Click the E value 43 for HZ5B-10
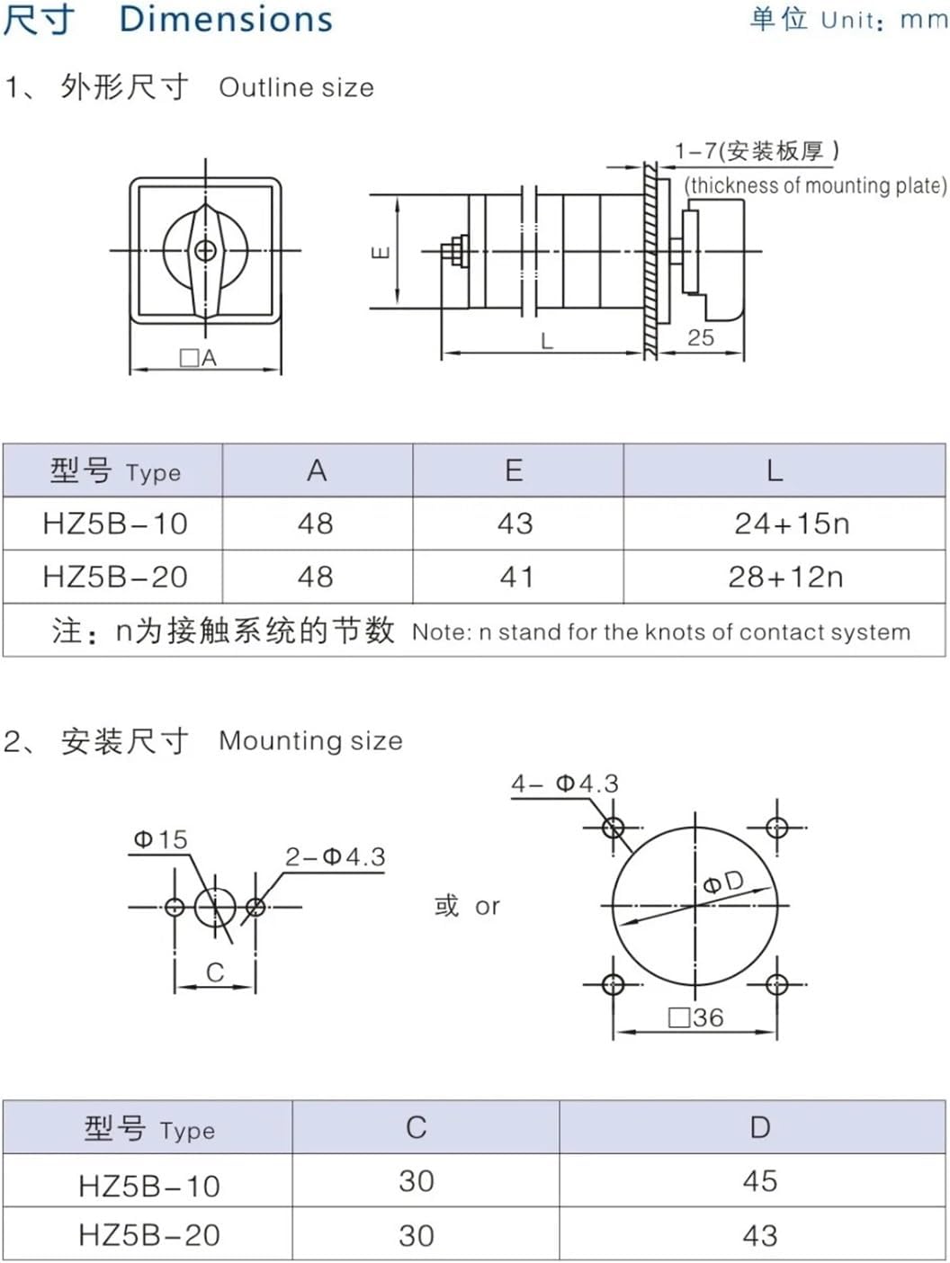(x=515, y=524)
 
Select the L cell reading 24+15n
(x=792, y=524)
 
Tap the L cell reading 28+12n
(x=785, y=577)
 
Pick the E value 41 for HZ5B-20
(x=516, y=577)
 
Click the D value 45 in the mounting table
(x=759, y=1181)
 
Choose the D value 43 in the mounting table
(x=759, y=1235)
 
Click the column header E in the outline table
(x=514, y=470)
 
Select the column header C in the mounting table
(x=416, y=1128)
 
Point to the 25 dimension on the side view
(x=700, y=337)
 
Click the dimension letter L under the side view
(x=546, y=341)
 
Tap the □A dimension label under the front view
(x=199, y=358)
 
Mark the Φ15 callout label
(x=160, y=839)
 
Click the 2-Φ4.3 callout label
(x=335, y=857)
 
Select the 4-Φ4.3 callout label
(x=565, y=784)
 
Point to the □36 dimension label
(x=696, y=1017)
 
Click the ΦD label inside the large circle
(x=723, y=882)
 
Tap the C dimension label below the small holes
(x=214, y=972)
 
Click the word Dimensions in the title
(x=226, y=19)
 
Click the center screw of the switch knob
(x=205, y=250)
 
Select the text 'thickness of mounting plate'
(x=815, y=185)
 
